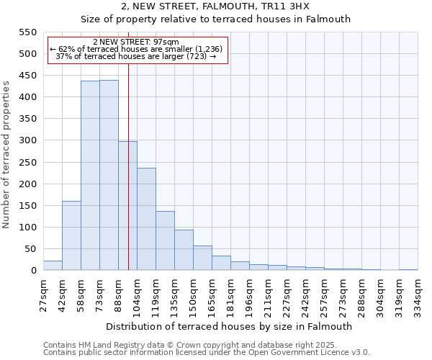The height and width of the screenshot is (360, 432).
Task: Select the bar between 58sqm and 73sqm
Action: (x=90, y=176)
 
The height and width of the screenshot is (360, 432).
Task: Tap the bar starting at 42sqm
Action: (x=71, y=235)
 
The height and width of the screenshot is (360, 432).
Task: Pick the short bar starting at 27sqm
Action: (x=53, y=266)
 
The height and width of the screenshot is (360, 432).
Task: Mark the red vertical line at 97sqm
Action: (x=128, y=166)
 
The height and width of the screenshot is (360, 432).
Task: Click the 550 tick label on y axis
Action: (x=27, y=32)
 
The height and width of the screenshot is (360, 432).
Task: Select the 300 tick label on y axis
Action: (x=27, y=140)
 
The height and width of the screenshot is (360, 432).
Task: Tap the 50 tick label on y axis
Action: (x=30, y=249)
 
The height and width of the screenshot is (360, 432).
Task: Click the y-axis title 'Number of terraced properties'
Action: (x=6, y=155)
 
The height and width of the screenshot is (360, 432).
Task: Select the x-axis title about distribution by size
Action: (x=230, y=326)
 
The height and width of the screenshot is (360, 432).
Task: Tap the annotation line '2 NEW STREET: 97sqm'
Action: (x=136, y=42)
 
